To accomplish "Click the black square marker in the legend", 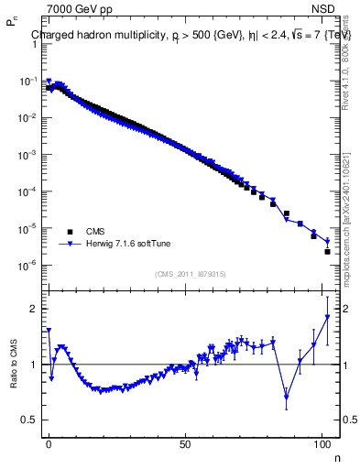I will tap(70, 232).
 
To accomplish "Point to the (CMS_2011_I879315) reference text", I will tap(191, 272).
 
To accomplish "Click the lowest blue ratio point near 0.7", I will tap(287, 397).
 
